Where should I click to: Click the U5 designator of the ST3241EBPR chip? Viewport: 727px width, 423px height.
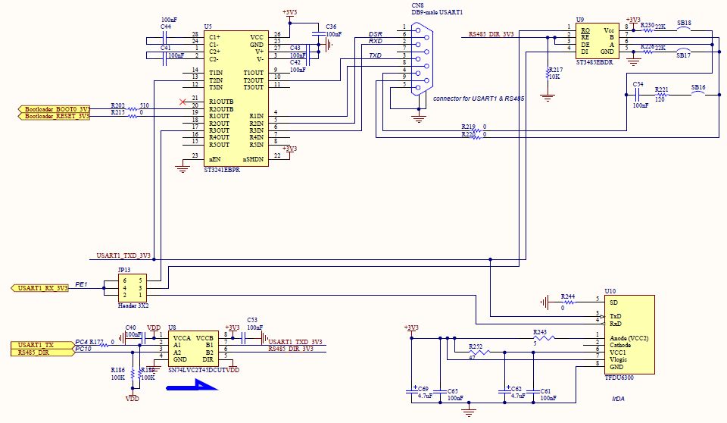[208, 27]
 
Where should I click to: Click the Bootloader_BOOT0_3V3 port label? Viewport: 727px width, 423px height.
[54, 109]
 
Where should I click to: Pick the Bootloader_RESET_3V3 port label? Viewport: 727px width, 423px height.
[54, 116]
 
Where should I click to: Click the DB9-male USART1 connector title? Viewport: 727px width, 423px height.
[436, 13]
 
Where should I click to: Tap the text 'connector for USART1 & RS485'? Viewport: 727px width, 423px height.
[478, 99]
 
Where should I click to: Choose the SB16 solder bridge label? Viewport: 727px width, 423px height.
[697, 88]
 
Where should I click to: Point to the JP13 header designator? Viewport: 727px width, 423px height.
[123, 269]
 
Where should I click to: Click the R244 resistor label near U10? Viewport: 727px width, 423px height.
[567, 296]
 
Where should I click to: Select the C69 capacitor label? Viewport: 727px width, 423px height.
[423, 388]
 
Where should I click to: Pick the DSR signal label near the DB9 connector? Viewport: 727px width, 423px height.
[375, 35]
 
